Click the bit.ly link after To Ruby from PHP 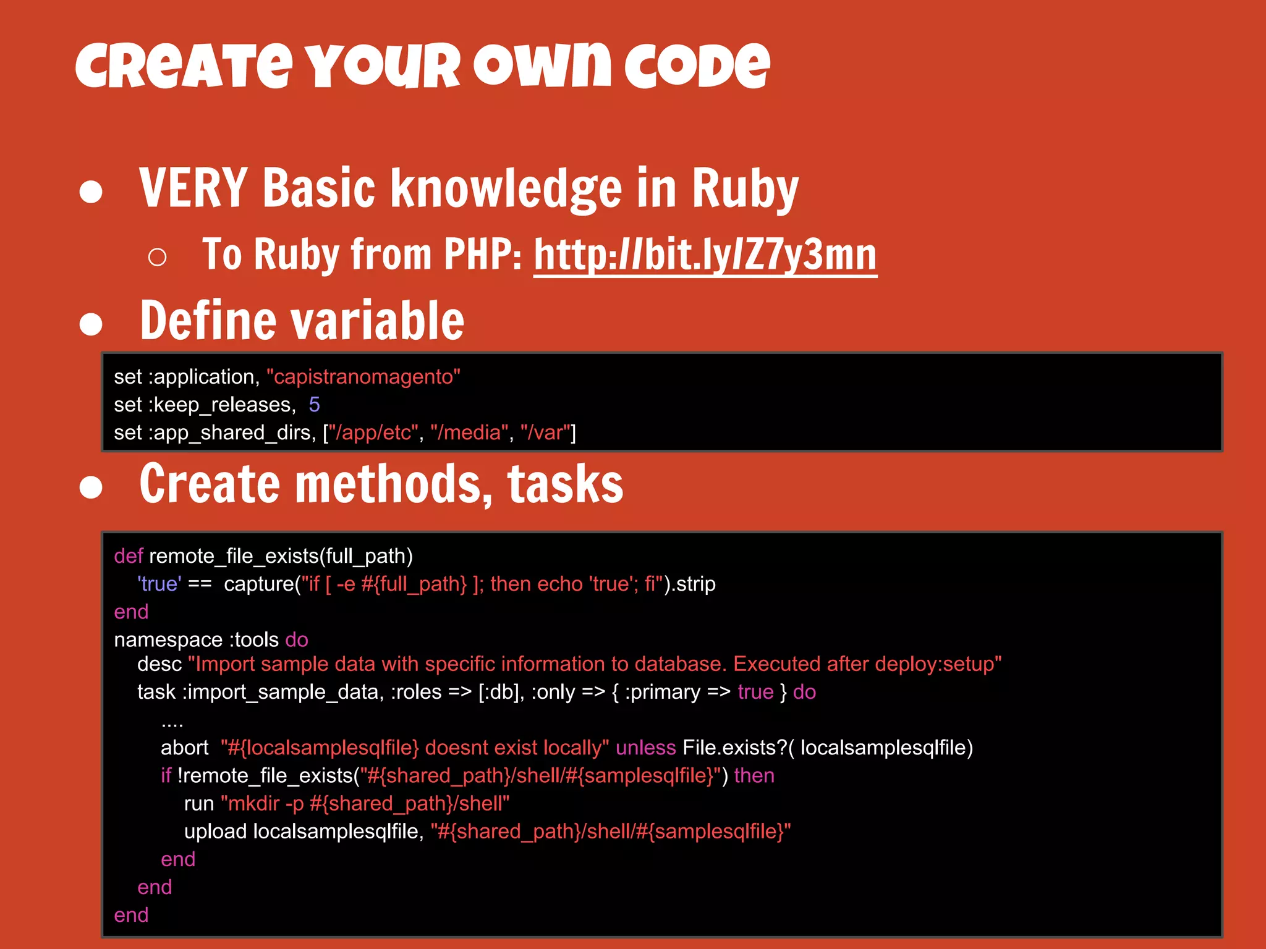[x=705, y=255]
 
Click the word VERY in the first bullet [x=193, y=188]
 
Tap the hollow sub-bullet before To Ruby [x=158, y=257]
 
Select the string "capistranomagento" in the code [x=363, y=376]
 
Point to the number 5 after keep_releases [x=314, y=405]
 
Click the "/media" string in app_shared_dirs [x=469, y=432]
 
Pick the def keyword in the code [x=128, y=556]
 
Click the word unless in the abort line [x=645, y=748]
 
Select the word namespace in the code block [x=168, y=639]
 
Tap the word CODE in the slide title [x=697, y=66]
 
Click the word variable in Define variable [x=377, y=321]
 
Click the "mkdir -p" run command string [x=365, y=803]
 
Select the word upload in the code [x=215, y=832]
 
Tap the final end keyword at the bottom [x=131, y=915]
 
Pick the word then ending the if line [x=754, y=775]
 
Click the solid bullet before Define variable [x=91, y=323]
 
